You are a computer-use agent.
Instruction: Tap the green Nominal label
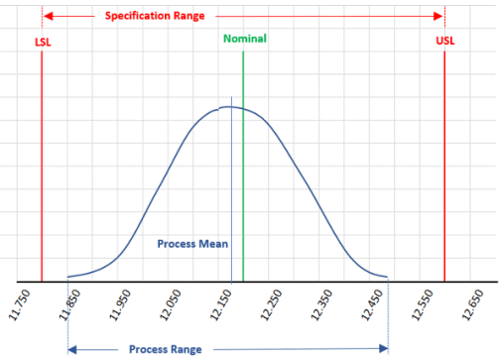point(244,39)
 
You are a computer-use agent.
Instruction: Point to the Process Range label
point(165,349)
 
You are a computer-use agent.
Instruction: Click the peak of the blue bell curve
point(229,106)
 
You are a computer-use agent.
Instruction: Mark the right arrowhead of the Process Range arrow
point(384,348)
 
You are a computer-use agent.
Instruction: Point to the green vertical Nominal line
point(243,179)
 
